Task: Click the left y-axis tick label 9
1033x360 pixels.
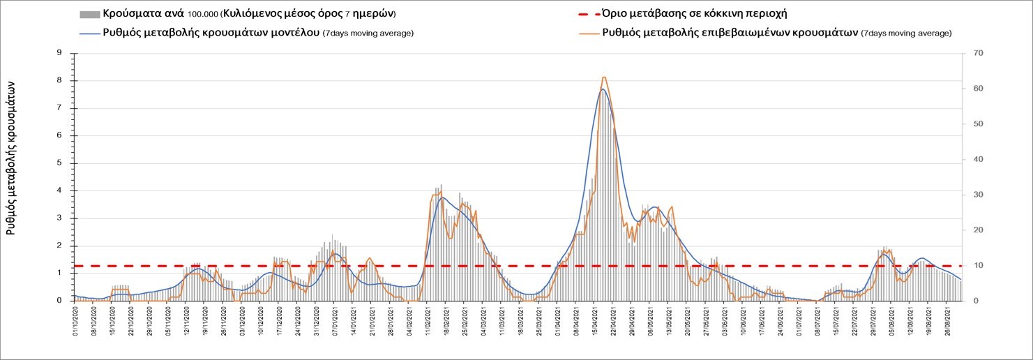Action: click(60, 53)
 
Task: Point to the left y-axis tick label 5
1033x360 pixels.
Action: click(60, 163)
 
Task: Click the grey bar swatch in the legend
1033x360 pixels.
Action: click(90, 14)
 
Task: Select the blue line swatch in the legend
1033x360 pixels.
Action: click(90, 33)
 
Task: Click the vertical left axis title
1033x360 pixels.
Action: click(11, 157)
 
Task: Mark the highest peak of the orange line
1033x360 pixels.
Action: click(603, 77)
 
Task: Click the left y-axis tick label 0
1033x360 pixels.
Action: click(60, 301)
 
